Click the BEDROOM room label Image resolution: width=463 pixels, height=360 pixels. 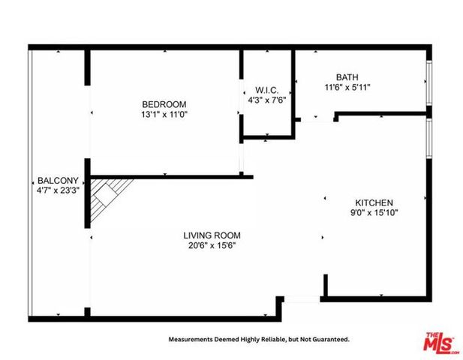click(164, 104)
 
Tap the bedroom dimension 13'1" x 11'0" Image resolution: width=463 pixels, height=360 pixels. click(164, 115)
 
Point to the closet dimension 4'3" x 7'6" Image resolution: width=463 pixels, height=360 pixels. click(266, 100)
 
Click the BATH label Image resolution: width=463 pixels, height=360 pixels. click(347, 76)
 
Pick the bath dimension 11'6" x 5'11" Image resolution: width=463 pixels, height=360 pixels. click(347, 88)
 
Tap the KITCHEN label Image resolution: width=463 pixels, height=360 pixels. click(374, 202)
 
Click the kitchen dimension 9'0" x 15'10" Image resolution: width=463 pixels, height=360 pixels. click(374, 214)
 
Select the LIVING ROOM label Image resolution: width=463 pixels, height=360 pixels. click(212, 235)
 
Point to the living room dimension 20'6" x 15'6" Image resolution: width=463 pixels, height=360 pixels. click(212, 245)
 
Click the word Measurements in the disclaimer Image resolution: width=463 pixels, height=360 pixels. click(191, 340)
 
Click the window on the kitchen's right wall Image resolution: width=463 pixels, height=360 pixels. click(428, 138)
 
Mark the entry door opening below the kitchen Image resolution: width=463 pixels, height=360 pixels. click(303, 298)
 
